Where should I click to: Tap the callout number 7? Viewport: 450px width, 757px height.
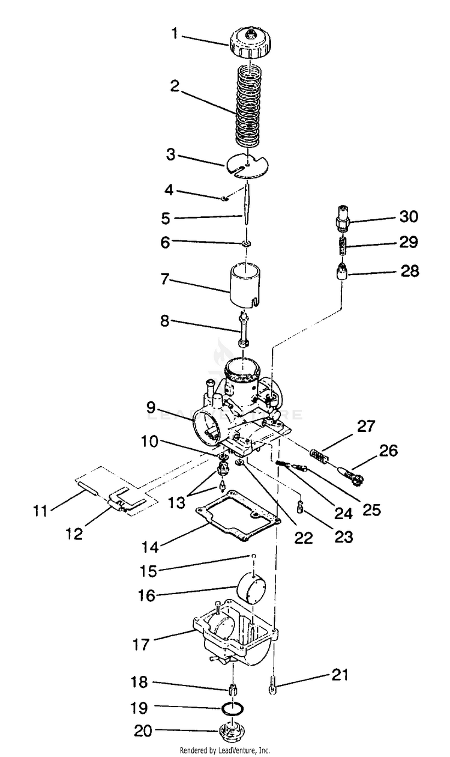coord(166,280)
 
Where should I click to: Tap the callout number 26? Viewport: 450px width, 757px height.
coord(389,450)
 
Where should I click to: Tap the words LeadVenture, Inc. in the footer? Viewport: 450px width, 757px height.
coord(244,750)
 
